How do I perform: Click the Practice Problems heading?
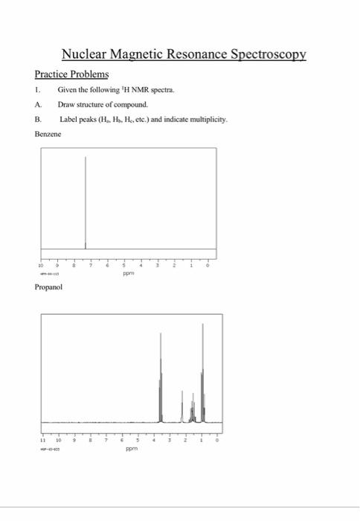point(71,75)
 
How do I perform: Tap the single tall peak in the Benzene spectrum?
point(86,201)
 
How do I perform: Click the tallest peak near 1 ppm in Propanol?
point(202,372)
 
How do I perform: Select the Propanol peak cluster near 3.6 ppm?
point(161,380)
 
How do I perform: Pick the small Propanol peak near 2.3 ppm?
point(182,406)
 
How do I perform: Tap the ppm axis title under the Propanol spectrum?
point(131,450)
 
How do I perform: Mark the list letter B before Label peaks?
point(37,118)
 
